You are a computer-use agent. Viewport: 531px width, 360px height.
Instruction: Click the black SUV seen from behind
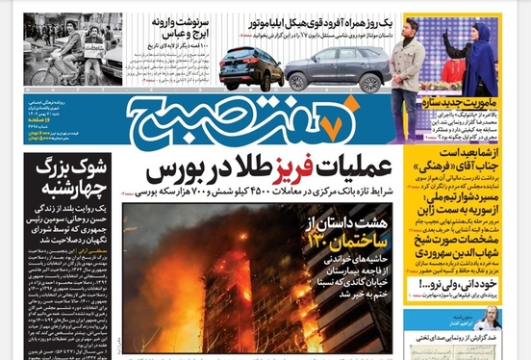coord(250,67)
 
